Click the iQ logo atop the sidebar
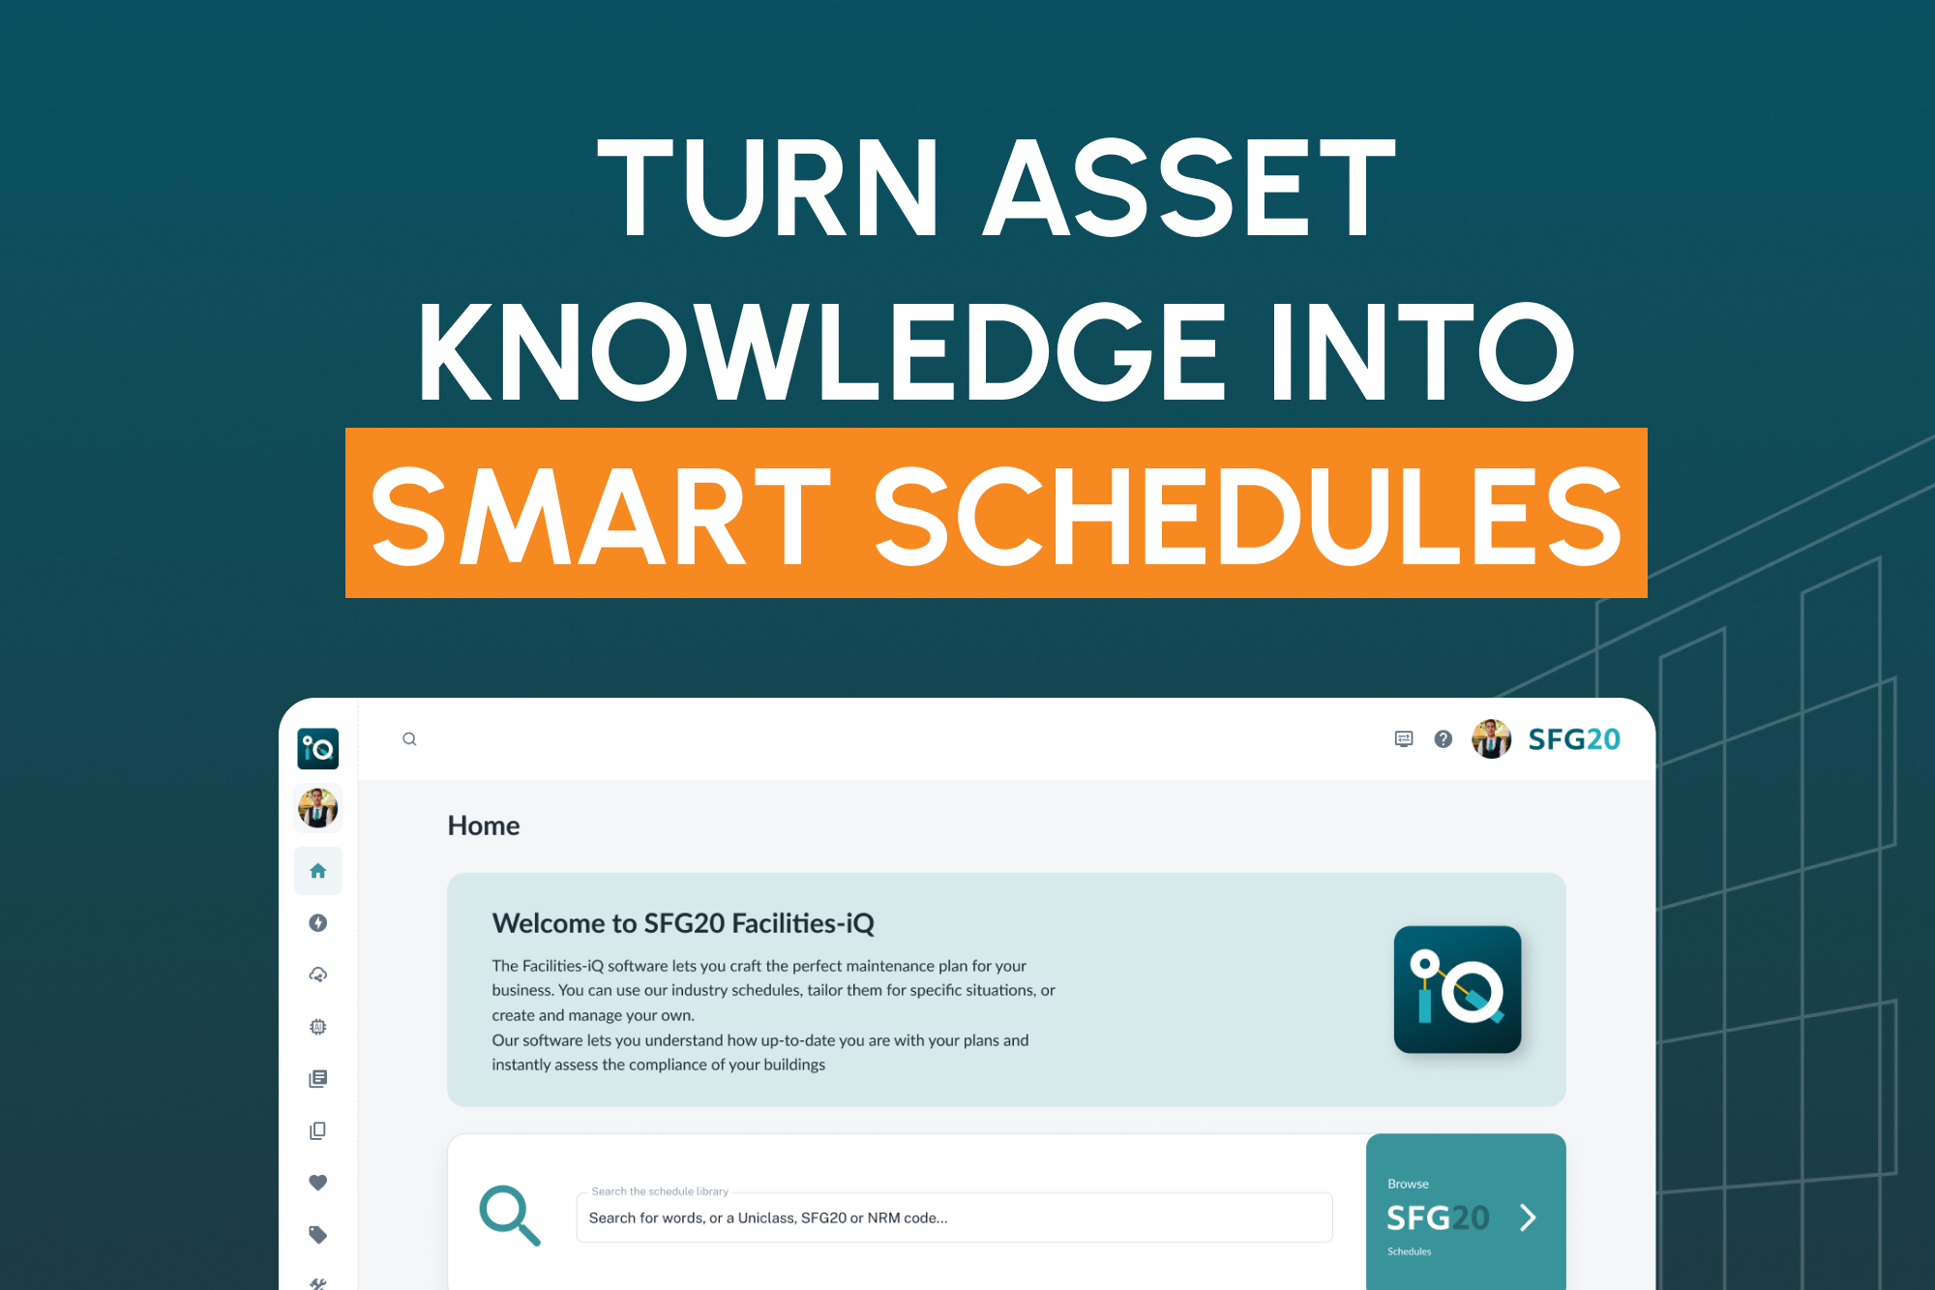[x=317, y=748]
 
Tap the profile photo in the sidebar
[x=317, y=808]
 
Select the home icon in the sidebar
[x=317, y=871]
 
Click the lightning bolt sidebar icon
[x=317, y=923]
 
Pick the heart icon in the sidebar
[x=317, y=1183]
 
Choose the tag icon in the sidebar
[x=317, y=1234]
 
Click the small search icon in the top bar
[x=409, y=739]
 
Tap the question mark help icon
[x=1443, y=739]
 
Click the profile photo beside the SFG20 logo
[x=1491, y=739]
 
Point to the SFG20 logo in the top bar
[x=1573, y=739]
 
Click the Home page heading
[x=484, y=825]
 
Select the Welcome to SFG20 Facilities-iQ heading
[x=683, y=923]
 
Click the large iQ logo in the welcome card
[x=1457, y=989]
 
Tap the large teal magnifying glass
[x=509, y=1215]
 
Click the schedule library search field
[x=954, y=1217]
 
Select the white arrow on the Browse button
[x=1528, y=1217]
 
